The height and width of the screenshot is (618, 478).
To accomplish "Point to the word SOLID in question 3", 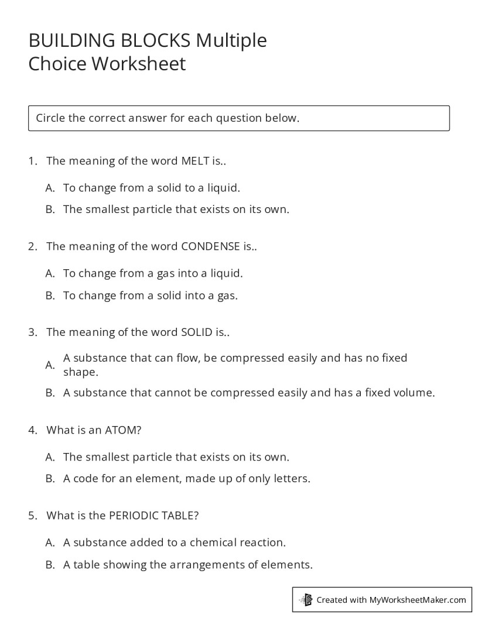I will pos(196,332).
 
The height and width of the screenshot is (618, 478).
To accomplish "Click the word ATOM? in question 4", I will pos(123,430).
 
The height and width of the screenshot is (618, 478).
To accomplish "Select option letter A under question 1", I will pos(50,188).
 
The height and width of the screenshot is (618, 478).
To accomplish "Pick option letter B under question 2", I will pos(50,296).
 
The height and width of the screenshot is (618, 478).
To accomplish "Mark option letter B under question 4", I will pos(50,479).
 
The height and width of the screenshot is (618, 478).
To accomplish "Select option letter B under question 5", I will pos(50,565).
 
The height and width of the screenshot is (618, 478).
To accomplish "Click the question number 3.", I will pos(32,332).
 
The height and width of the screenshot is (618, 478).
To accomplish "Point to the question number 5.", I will pos(32,516).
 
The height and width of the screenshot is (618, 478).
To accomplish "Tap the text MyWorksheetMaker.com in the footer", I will pos(418,599).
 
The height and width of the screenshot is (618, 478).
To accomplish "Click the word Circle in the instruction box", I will pos(50,118).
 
